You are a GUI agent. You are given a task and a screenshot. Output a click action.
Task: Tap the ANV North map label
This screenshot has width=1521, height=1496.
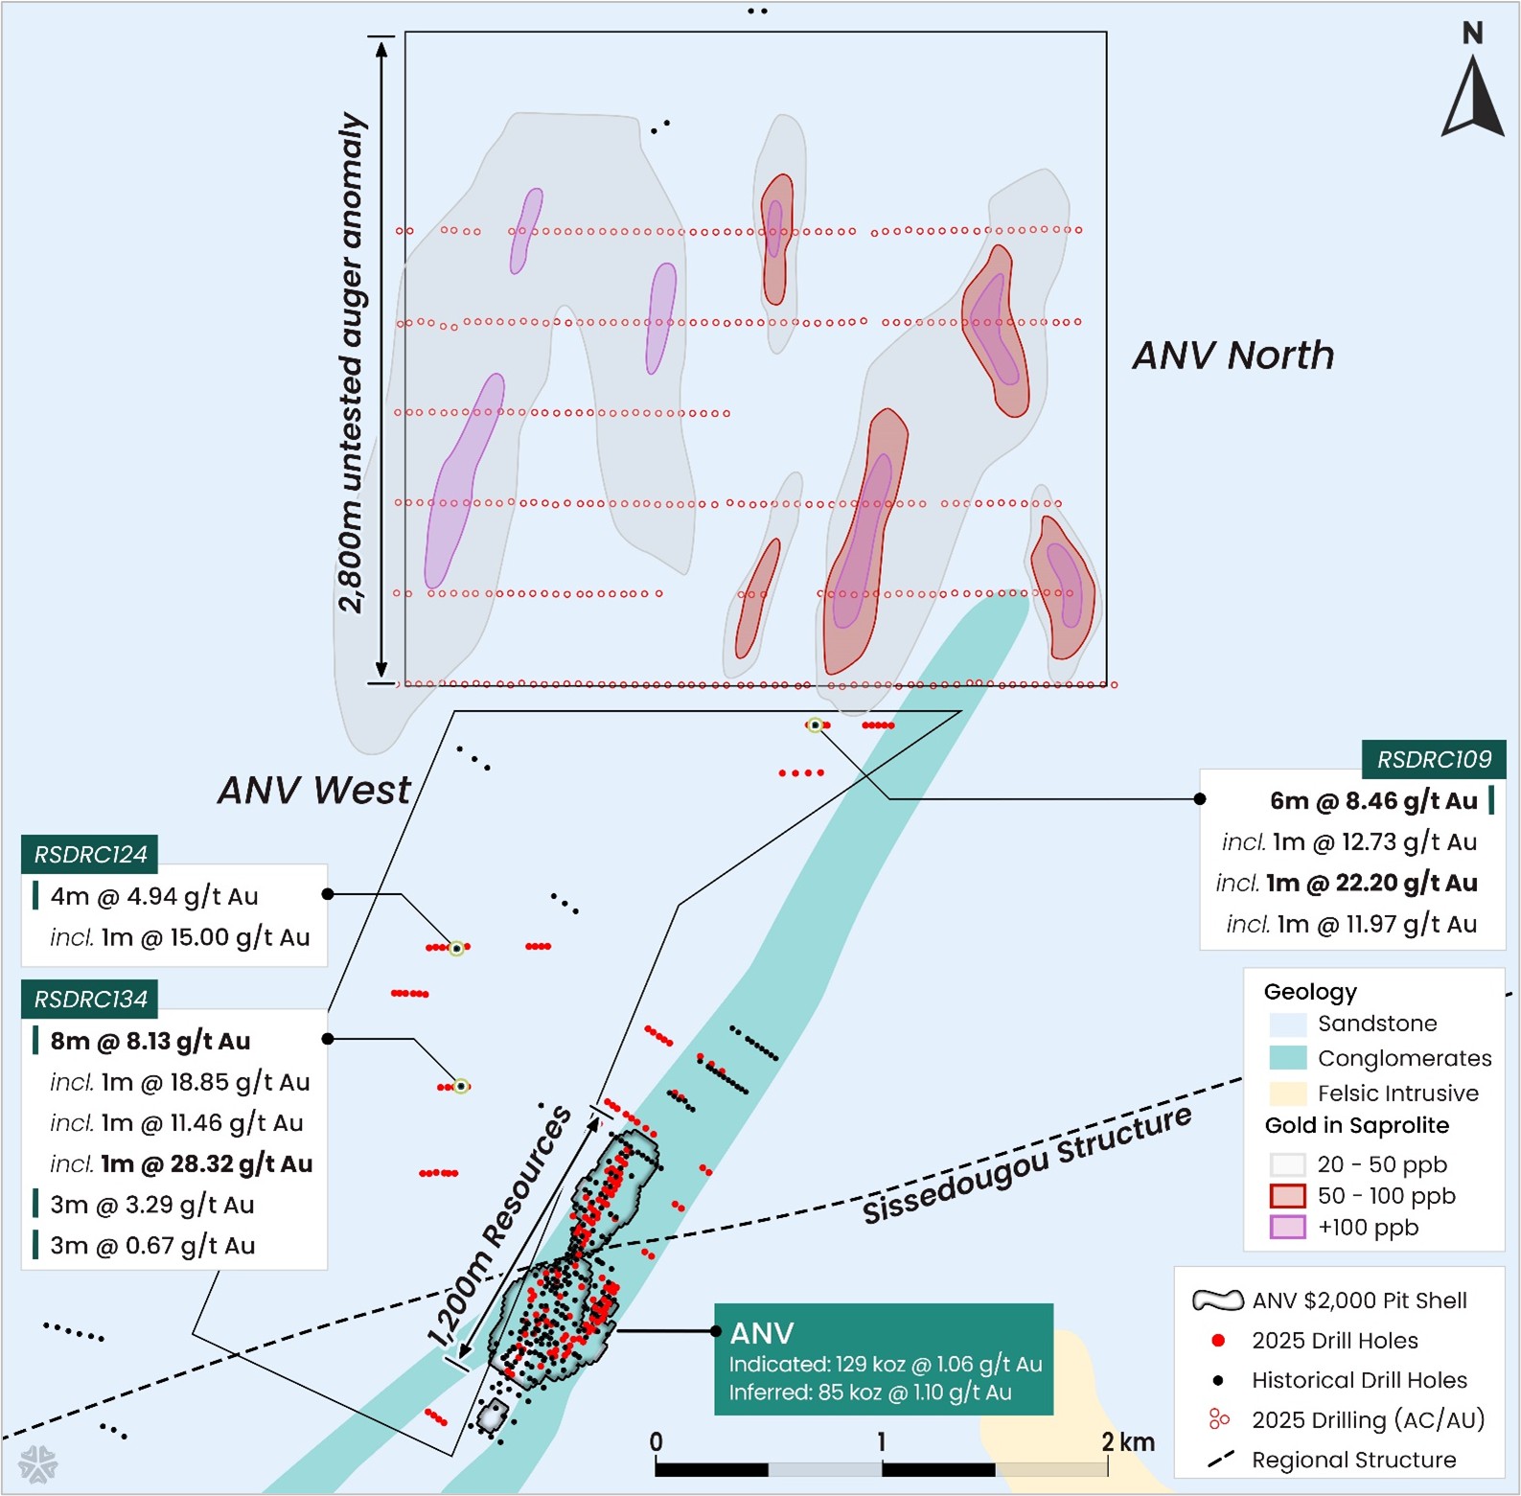tap(1233, 356)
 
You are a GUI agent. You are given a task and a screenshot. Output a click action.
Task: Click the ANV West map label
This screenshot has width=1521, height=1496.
tap(313, 791)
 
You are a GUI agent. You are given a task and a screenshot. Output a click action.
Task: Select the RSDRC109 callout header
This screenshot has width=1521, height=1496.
tap(1433, 760)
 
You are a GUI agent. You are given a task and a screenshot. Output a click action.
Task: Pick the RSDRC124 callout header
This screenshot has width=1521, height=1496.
tap(90, 855)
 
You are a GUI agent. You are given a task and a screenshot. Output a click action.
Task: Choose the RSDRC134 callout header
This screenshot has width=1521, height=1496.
tap(90, 1000)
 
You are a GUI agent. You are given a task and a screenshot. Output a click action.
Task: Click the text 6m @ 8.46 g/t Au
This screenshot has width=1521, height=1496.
tap(1372, 801)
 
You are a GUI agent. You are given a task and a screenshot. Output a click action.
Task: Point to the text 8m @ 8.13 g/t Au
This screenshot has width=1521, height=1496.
tap(150, 1042)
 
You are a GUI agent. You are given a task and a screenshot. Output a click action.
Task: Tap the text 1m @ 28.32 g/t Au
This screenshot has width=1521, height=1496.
tap(207, 1164)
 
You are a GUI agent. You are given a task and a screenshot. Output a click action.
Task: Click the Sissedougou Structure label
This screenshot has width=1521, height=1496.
tap(1027, 1163)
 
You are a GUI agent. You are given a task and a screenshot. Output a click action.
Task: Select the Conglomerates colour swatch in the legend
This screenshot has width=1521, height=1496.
tap(1287, 1058)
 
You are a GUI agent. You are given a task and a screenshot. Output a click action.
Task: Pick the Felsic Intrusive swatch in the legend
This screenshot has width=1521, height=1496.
tap(1287, 1093)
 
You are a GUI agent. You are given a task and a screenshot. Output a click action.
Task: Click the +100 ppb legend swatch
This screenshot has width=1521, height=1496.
tap(1287, 1228)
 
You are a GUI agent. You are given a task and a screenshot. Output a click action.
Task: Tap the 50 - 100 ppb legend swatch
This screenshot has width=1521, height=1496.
tap(1287, 1196)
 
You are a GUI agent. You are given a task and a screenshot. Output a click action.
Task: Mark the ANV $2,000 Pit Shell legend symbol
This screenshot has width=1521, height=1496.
tap(1217, 1300)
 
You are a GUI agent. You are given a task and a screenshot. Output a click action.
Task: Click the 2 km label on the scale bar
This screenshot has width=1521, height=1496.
tap(1128, 1442)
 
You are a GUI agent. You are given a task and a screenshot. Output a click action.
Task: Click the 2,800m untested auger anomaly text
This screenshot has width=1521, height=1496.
tap(352, 362)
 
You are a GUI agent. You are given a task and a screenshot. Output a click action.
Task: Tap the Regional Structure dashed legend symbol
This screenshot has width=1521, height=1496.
tap(1220, 1460)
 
